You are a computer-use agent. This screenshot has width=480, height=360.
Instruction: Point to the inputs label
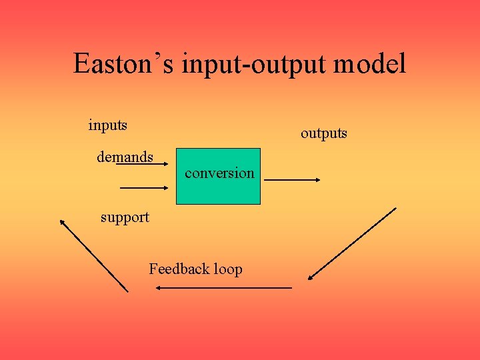click(x=108, y=125)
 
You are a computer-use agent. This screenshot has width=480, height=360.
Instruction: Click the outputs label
click(x=323, y=133)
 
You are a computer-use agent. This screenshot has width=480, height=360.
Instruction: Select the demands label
click(x=125, y=157)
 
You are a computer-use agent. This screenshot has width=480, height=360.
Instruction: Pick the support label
click(x=125, y=217)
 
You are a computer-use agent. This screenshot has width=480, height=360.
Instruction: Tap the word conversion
click(x=219, y=173)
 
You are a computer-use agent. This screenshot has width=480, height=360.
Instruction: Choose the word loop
click(x=228, y=269)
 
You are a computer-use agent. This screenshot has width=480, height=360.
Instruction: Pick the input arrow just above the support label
click(x=143, y=189)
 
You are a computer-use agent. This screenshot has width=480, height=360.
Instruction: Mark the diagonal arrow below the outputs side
click(x=352, y=244)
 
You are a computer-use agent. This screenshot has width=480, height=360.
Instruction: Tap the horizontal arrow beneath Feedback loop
click(x=223, y=287)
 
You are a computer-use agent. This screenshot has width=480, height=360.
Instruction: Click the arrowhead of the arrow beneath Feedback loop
click(x=159, y=287)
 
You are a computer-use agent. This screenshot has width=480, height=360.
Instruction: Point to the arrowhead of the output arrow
click(x=317, y=179)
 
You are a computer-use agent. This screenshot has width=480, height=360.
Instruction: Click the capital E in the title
click(x=81, y=64)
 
